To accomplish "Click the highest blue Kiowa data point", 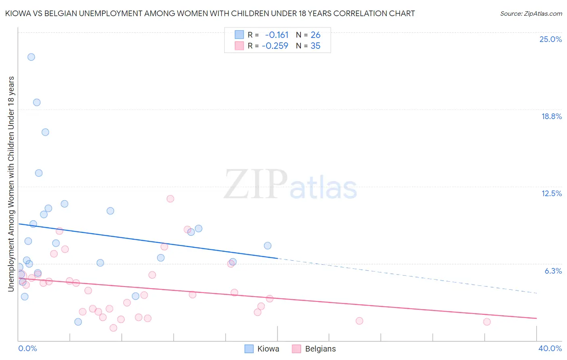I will coord(31,57).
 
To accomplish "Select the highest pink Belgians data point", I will coord(170,199).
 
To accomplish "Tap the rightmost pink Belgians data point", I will coord(487,322).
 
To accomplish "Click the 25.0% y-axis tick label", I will coord(550,39).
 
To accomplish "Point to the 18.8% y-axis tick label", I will coord(551,116).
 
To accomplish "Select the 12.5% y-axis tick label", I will coord(551,193).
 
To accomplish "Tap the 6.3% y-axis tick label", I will coord(553,271).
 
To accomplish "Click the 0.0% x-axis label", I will coord(27,348).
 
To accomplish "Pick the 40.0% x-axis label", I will coord(550,348).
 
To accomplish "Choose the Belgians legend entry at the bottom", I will coord(314,349).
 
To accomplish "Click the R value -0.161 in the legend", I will coord(277,35).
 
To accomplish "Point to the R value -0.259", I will coord(275,46).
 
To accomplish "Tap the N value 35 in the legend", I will coord(315,46).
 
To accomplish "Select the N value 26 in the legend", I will coord(315,35).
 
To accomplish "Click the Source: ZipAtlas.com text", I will coord(531,14).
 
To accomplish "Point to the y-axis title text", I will coord(11,184).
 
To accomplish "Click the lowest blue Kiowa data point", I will coord(78,322).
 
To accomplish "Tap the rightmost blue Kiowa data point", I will coord(267,246).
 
